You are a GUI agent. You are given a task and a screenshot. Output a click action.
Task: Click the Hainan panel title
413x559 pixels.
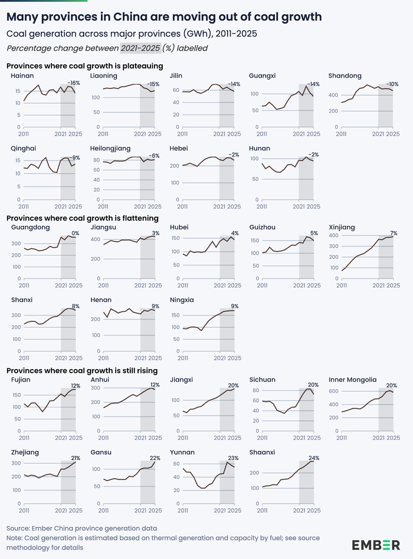tap(22, 75)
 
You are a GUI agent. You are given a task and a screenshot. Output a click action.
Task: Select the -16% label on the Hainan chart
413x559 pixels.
tap(74, 83)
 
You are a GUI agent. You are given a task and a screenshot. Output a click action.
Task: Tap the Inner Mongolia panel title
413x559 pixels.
tap(352, 380)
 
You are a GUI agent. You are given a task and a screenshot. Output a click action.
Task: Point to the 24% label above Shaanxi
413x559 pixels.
tap(314, 458)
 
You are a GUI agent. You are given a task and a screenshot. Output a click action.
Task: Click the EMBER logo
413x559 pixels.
tap(376, 545)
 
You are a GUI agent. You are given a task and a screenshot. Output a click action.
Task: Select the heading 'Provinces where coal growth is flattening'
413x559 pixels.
tap(83, 218)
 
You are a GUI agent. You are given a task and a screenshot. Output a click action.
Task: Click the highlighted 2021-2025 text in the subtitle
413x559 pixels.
tap(140, 48)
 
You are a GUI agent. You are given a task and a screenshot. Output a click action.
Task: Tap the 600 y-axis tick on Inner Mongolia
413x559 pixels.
tap(333, 391)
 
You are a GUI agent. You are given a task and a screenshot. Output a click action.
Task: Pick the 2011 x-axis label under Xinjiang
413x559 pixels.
tap(341, 285)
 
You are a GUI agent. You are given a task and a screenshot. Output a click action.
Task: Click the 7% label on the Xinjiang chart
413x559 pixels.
tap(394, 233)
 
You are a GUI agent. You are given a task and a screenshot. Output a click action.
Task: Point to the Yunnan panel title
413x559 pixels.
tap(182, 452)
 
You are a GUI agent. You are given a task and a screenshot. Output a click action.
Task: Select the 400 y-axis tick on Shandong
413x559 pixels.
tap(333, 95)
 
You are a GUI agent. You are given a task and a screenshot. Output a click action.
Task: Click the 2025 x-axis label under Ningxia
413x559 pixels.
tap(235, 358)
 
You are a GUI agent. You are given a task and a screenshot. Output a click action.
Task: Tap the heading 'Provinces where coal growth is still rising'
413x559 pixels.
tap(82, 371)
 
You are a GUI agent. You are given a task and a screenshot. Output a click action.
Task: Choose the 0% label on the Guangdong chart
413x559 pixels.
tap(76, 233)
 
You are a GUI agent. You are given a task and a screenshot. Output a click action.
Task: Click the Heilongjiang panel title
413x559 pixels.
tap(110, 149)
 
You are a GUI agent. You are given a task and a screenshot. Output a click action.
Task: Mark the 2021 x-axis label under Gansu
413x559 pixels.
tap(140, 511)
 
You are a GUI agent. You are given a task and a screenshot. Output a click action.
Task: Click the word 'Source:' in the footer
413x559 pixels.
tap(18, 528)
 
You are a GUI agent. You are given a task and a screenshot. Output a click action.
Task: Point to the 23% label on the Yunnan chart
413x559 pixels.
tap(233, 458)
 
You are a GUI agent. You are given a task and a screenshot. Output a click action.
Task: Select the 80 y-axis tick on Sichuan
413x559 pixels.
tap(255, 390)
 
